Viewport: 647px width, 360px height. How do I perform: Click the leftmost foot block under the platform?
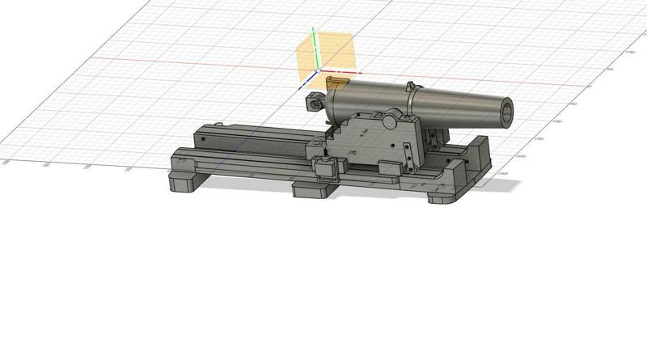188,183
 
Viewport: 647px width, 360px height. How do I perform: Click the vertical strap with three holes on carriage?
406,146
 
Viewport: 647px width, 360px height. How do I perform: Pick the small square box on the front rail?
326,169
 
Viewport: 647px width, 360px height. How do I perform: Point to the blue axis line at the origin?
307,82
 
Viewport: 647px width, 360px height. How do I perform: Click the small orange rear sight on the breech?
336,83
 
